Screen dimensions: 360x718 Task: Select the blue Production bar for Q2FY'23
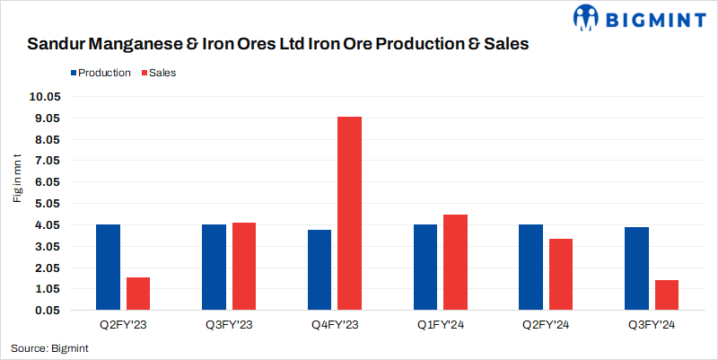[108, 268]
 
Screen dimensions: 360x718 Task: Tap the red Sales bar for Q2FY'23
[138, 294]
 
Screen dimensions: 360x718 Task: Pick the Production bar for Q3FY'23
[214, 268]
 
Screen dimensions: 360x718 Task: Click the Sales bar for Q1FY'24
[455, 262]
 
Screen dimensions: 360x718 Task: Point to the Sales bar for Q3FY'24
[667, 295]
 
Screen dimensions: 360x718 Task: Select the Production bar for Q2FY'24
[531, 268]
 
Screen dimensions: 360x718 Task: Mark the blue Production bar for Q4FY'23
[320, 270]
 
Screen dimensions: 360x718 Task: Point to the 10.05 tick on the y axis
[44, 97]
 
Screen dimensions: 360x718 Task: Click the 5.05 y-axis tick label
[44, 204]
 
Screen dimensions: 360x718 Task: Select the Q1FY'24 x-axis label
[440, 324]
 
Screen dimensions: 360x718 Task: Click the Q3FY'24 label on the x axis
[652, 324]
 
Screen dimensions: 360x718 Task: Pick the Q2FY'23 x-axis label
[123, 324]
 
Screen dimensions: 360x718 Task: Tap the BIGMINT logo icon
[586, 17]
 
